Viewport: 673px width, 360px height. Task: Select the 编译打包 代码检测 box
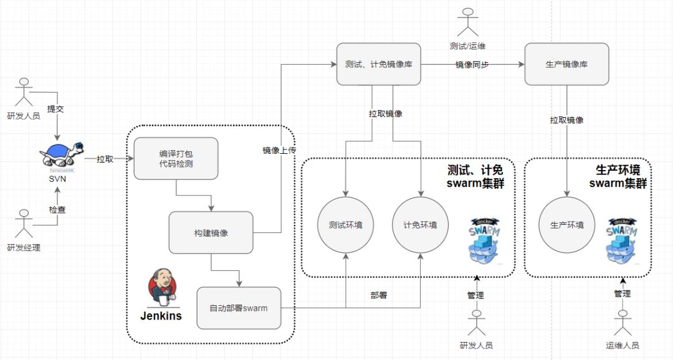tap(176, 158)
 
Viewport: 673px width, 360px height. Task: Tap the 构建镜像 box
tap(211, 232)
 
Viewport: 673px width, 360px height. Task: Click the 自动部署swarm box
tap(238, 308)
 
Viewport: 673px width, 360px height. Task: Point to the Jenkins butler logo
tap(161, 288)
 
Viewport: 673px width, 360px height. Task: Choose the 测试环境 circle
tap(345, 225)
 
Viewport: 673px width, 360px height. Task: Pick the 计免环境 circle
tap(420, 225)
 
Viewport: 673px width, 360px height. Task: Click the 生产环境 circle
tap(566, 225)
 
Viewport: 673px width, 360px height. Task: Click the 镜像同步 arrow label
tap(472, 64)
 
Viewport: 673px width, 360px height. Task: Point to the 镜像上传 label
tap(279, 150)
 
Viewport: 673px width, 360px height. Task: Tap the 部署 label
tap(378, 295)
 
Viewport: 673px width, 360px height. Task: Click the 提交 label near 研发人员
tap(56, 108)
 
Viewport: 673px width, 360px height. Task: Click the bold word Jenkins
tap(161, 316)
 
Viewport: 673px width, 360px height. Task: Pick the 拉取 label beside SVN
tap(105, 159)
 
